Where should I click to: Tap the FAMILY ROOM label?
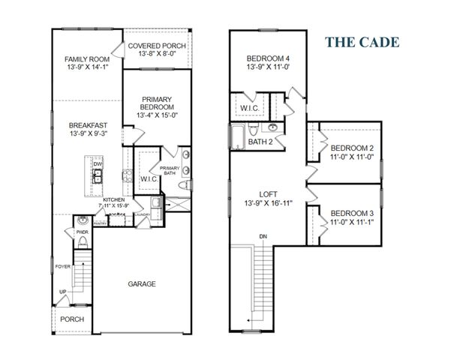coord(87,58)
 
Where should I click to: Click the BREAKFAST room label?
coord(87,125)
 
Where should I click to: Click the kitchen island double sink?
coord(98,178)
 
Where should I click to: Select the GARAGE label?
coord(141,283)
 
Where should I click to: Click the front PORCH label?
coord(73,319)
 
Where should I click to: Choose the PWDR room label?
coord(82,232)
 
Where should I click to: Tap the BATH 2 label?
coord(260,141)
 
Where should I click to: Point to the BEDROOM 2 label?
coord(353,148)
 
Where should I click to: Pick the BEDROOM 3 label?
coord(353,213)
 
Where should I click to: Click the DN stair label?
coord(263,238)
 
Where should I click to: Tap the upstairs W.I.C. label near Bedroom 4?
coord(249,109)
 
